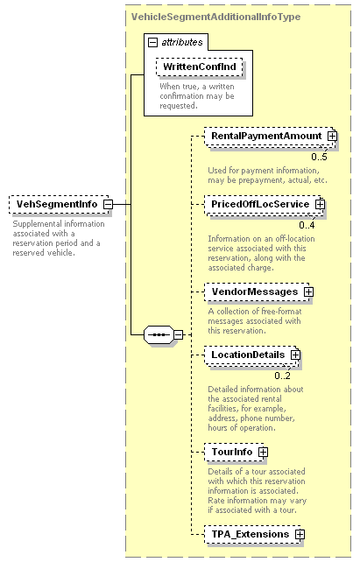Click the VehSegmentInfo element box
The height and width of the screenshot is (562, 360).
point(59,204)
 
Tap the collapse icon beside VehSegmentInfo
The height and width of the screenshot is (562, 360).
point(108,204)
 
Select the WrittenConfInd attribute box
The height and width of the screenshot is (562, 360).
point(200,67)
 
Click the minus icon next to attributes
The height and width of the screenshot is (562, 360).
point(152,42)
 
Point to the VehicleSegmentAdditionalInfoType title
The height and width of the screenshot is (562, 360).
point(215,17)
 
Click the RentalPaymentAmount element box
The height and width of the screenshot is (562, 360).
point(270,137)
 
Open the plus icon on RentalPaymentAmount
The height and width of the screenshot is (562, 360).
point(332,137)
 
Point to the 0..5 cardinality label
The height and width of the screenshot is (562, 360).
point(319,157)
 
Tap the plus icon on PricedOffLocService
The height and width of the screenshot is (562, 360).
point(321,204)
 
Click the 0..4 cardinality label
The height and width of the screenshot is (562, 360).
point(307,225)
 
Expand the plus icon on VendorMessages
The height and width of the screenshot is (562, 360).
point(308,292)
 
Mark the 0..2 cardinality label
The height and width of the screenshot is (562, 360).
point(283,376)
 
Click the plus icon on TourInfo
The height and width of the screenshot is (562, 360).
point(263,452)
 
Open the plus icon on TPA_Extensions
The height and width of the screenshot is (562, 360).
point(300,534)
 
